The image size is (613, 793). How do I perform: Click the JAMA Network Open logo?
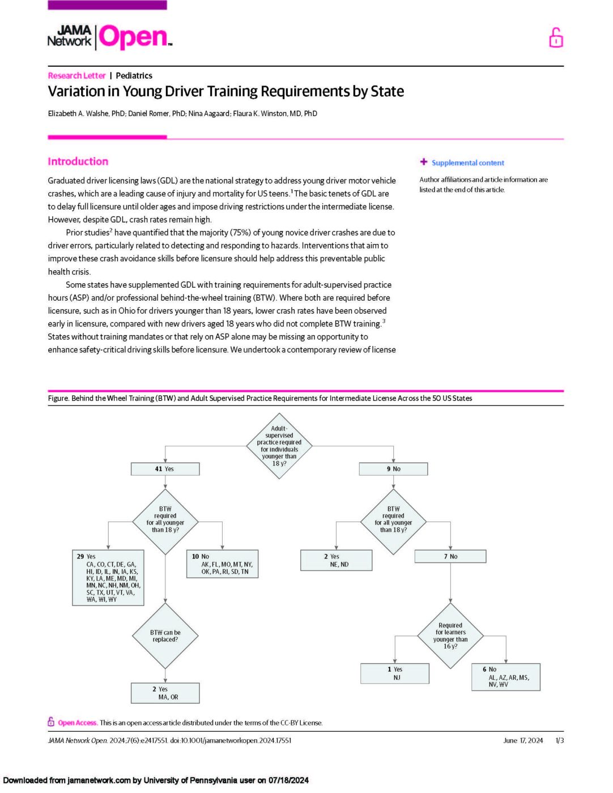(109, 37)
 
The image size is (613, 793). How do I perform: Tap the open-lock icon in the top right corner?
(556, 38)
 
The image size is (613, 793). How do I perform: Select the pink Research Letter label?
(76, 75)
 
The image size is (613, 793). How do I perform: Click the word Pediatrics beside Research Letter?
(134, 75)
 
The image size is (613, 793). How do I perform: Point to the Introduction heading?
(78, 161)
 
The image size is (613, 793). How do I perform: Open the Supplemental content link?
(467, 163)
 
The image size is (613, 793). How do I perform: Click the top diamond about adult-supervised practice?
(279, 446)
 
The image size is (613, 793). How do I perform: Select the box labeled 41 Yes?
(165, 469)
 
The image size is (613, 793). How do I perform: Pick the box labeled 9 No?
(393, 469)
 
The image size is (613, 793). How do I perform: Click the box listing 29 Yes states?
(108, 578)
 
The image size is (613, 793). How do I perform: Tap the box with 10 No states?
(222, 564)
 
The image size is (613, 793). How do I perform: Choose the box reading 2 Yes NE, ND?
(336, 560)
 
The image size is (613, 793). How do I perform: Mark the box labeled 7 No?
(450, 557)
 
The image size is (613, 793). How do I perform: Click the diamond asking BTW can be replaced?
(165, 636)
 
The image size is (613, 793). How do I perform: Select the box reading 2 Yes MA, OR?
(165, 693)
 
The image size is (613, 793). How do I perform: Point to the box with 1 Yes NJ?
(394, 673)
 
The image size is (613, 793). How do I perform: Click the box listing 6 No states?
(506, 677)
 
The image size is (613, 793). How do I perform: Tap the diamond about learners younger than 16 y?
(450, 636)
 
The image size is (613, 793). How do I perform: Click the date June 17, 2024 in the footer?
(522, 740)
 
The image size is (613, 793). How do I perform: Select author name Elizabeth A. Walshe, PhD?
(86, 113)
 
